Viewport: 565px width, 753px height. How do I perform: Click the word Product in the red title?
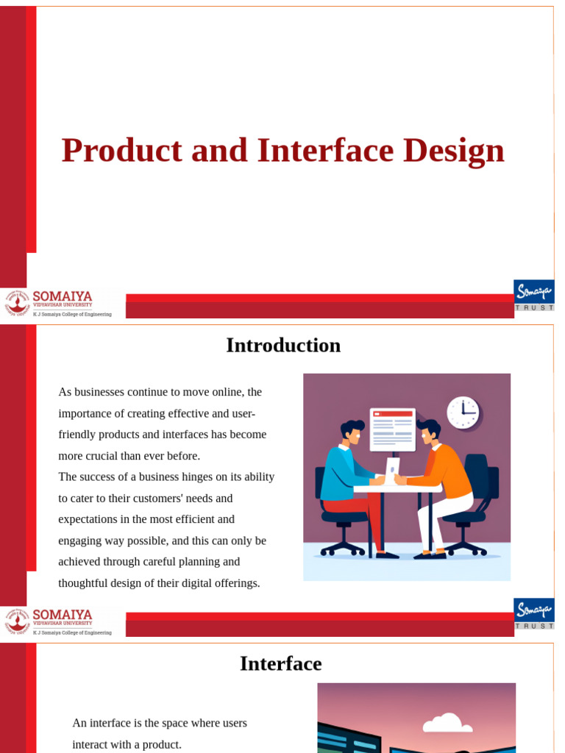pyautogui.click(x=121, y=151)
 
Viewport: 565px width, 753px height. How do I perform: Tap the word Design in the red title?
pyautogui.click(x=453, y=151)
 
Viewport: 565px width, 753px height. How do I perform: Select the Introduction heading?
pyautogui.click(x=283, y=345)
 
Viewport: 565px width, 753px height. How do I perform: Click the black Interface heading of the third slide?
pyautogui.click(x=280, y=663)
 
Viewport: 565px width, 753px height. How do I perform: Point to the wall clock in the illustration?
pyautogui.click(x=463, y=413)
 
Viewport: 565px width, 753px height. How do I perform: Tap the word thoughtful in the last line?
pyautogui.click(x=87, y=583)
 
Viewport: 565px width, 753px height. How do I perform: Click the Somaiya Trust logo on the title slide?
pyautogui.click(x=533, y=295)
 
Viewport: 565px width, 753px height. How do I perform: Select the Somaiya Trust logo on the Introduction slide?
pyautogui.click(x=533, y=613)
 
